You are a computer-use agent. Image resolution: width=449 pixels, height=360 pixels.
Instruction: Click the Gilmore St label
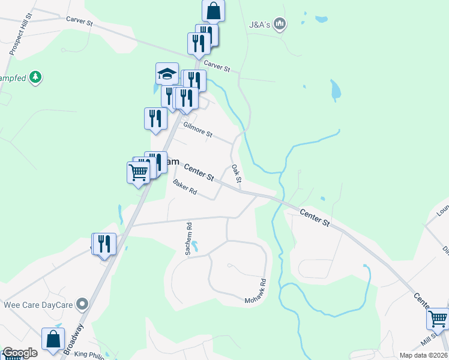tap(197, 130)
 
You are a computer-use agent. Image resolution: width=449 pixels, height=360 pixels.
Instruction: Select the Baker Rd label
tap(185, 187)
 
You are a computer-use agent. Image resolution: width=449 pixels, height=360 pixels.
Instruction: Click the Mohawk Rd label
tap(255, 290)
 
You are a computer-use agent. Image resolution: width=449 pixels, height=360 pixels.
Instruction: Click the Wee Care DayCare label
tap(38, 305)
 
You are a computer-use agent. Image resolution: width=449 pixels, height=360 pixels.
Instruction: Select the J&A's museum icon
tap(279, 24)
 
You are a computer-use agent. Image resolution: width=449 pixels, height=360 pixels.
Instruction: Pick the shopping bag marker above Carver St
tap(214, 10)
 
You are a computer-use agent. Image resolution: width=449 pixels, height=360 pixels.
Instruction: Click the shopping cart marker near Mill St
tap(438, 319)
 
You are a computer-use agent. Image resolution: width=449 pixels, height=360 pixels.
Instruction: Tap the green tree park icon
tap(36, 77)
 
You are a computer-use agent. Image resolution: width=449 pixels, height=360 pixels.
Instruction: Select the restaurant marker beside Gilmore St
tap(155, 118)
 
